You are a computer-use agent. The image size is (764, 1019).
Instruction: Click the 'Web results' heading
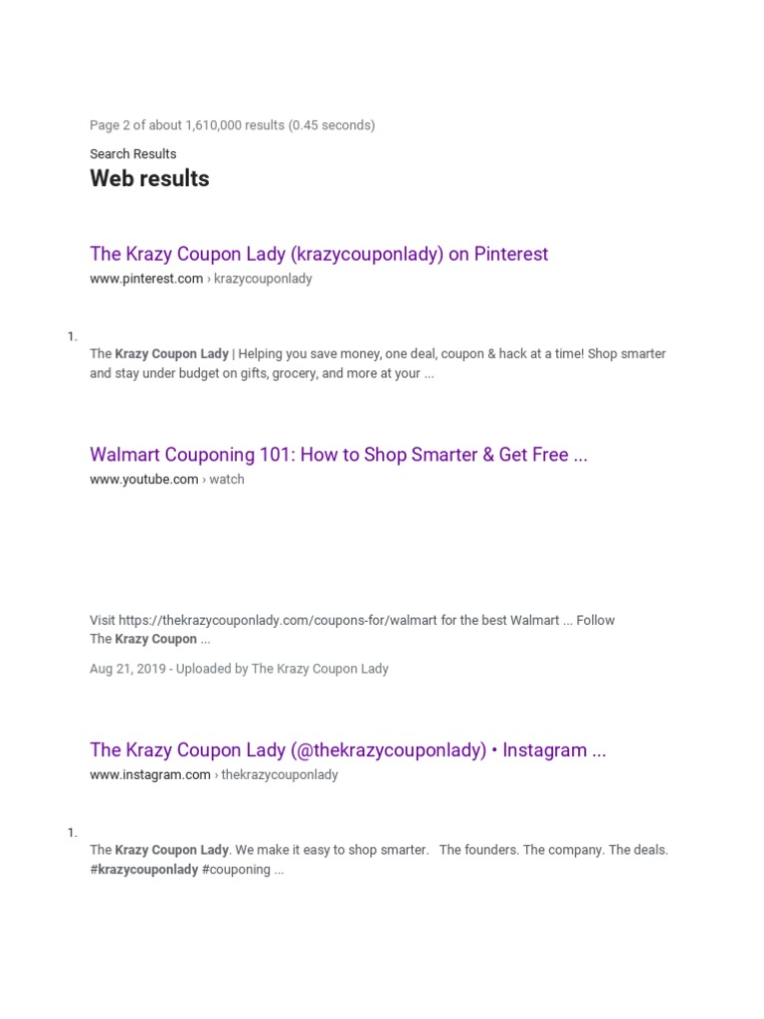click(x=149, y=179)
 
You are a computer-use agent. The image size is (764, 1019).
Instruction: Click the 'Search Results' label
click(x=132, y=154)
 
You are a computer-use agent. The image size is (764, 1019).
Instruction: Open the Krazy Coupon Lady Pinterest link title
click(x=318, y=254)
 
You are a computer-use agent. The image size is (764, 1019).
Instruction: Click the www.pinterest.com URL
click(x=146, y=279)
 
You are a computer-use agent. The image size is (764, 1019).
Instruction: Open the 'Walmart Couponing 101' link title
click(x=338, y=455)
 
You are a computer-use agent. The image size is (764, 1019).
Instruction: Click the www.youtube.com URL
click(x=144, y=480)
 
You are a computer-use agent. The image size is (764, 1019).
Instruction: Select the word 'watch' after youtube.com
click(x=227, y=480)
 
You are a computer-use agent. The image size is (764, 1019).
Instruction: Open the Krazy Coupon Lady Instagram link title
click(x=347, y=750)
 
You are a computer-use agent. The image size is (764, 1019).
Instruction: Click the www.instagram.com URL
click(x=150, y=775)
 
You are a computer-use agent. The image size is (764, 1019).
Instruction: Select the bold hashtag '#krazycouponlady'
click(x=144, y=870)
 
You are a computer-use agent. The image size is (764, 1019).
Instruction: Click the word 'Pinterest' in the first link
click(x=510, y=254)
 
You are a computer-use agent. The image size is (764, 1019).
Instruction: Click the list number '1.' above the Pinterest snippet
click(x=73, y=337)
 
